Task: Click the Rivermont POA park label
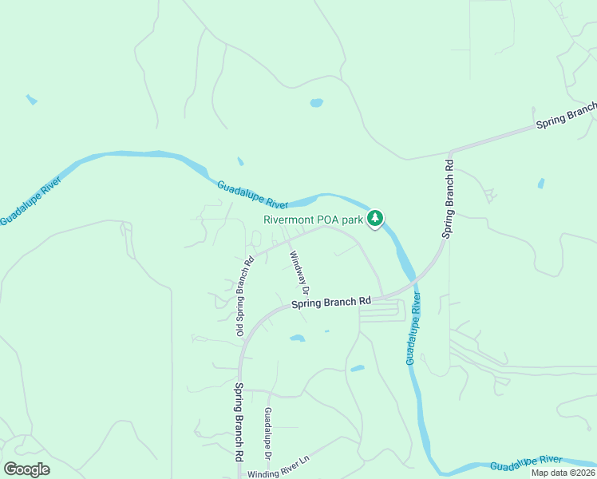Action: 314,220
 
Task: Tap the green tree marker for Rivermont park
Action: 376,218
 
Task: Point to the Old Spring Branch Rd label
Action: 243,295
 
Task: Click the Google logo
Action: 26,469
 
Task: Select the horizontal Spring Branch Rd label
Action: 331,302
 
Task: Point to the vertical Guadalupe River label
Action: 413,327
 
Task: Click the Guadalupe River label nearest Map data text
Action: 526,462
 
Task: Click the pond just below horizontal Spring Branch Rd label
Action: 298,338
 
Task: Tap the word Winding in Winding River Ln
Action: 263,473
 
